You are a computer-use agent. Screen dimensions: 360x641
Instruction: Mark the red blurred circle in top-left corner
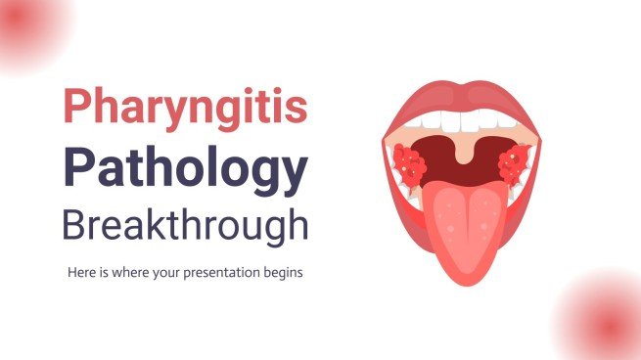29,24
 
